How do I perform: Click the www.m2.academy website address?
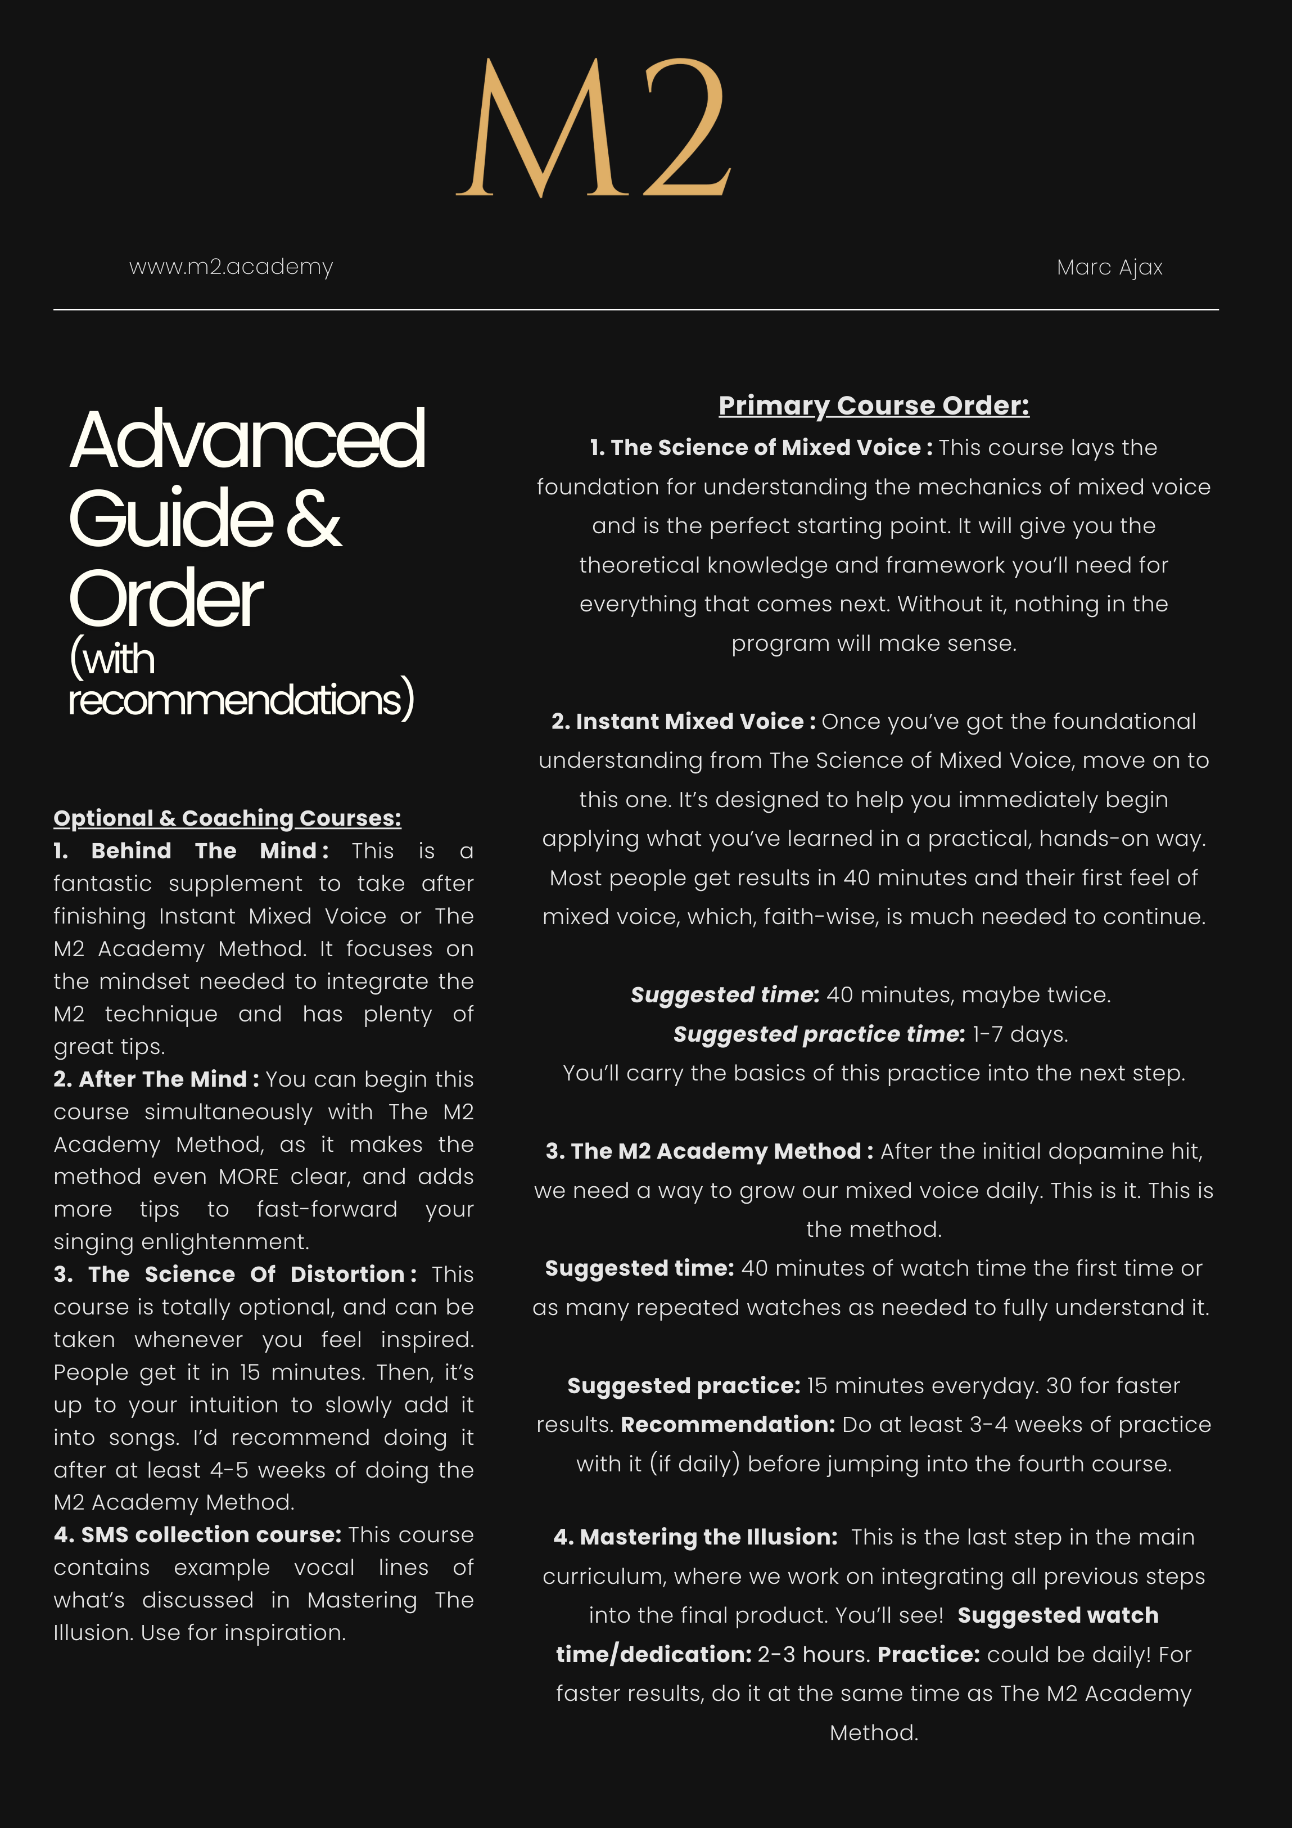231,267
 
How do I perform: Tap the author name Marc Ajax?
1109,268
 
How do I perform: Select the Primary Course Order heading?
873,405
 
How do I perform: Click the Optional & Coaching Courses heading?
227,818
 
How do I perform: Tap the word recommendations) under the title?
241,700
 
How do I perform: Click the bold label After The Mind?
163,1079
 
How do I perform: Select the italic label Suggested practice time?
819,1034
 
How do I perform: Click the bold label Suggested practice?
684,1385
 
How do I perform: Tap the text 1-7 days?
1020,1034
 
